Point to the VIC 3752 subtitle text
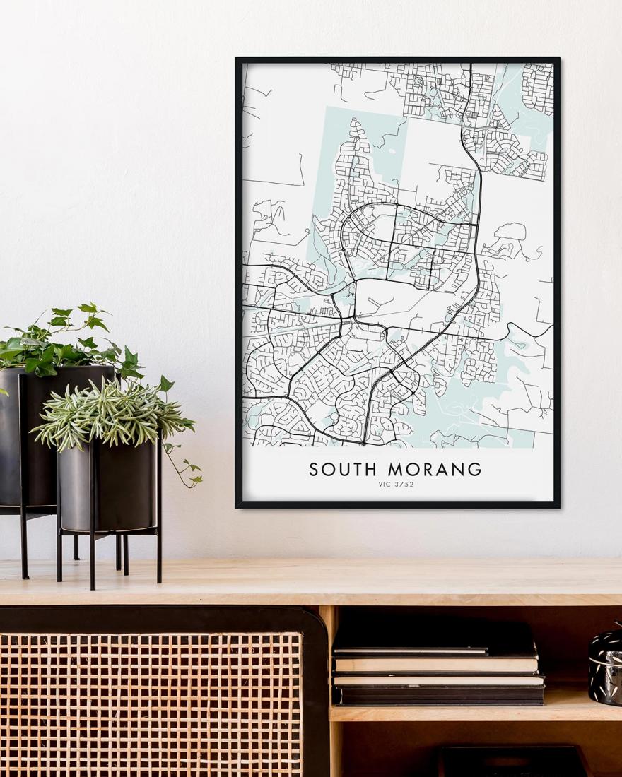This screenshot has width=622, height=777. (x=396, y=485)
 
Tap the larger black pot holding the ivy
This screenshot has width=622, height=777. (x=35, y=438)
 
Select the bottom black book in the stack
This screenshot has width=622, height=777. (x=438, y=696)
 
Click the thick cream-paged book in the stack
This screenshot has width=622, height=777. (x=435, y=664)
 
